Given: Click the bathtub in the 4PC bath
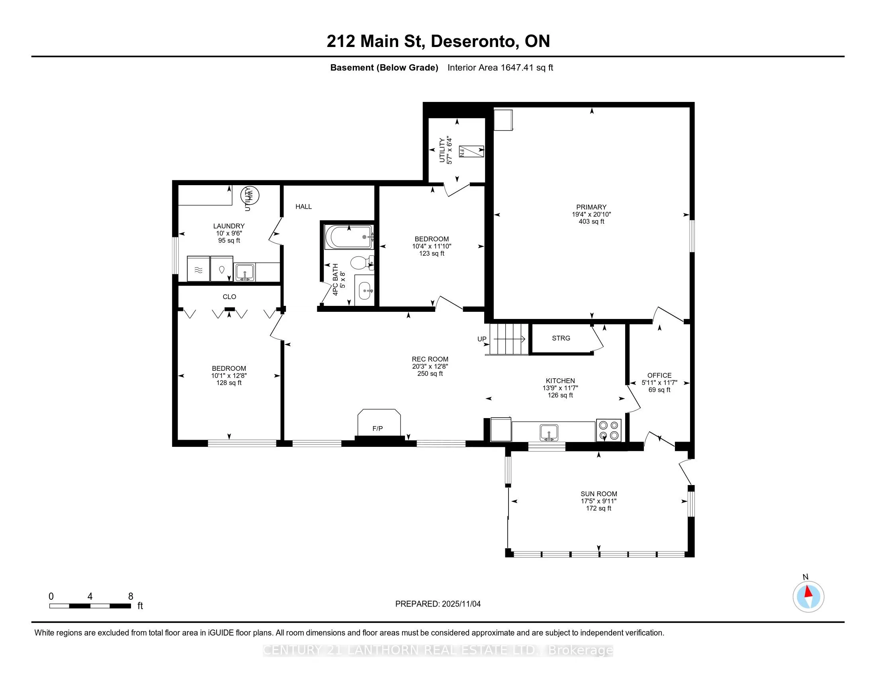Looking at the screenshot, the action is (x=349, y=237).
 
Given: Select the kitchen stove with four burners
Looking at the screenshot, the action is (x=608, y=430).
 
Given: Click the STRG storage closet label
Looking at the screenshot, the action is (x=561, y=338).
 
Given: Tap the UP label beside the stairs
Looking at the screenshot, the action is (x=482, y=339).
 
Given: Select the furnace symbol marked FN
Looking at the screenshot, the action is (x=471, y=151).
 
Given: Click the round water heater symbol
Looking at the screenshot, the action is (x=250, y=195).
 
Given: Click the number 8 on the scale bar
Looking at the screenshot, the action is (x=130, y=597).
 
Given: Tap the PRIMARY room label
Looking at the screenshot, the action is (x=591, y=207).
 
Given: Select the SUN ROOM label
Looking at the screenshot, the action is (x=598, y=494).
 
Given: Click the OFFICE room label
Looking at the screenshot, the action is (x=659, y=376).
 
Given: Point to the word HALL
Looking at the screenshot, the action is (x=304, y=207).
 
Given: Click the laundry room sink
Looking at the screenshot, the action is (x=244, y=272).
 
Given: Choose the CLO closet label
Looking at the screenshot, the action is (x=229, y=297).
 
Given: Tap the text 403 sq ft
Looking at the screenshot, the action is (x=591, y=221).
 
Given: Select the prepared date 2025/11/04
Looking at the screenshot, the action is (x=460, y=604).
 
